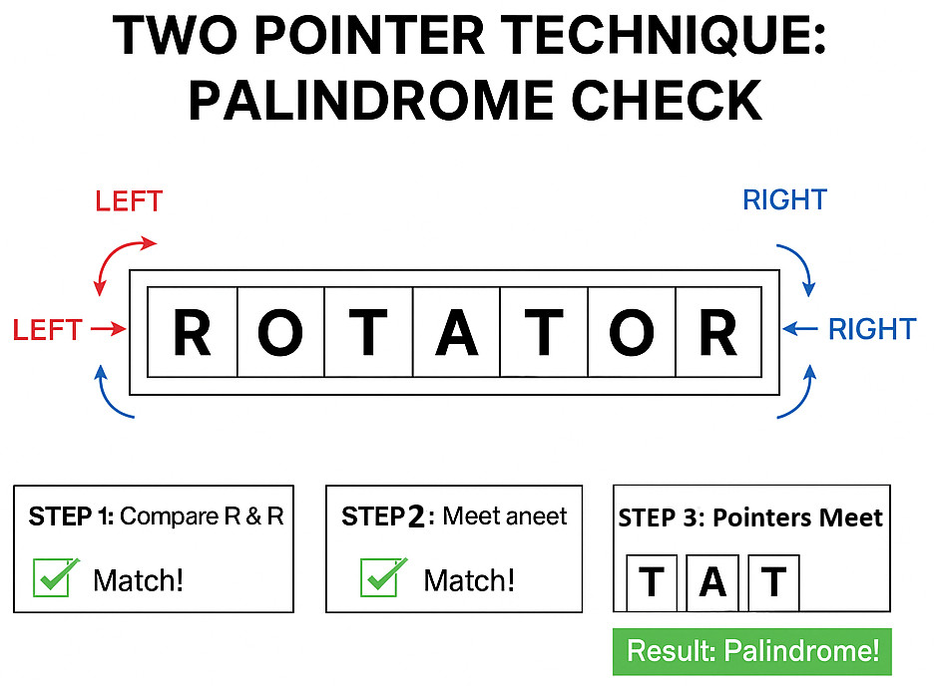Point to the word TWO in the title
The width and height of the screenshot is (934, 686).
(x=176, y=37)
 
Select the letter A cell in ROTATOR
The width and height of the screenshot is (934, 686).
(x=456, y=332)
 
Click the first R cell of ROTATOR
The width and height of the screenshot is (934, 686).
(x=193, y=332)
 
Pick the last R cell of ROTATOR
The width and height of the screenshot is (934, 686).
(x=718, y=332)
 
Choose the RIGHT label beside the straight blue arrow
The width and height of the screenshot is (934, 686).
(x=871, y=328)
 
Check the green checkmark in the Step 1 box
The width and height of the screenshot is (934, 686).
(x=54, y=577)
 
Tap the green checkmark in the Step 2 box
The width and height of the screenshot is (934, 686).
(x=382, y=577)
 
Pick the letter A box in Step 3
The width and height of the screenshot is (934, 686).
(x=712, y=581)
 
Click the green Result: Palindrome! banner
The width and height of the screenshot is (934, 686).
(x=751, y=652)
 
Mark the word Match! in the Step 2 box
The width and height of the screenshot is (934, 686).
(x=469, y=579)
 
